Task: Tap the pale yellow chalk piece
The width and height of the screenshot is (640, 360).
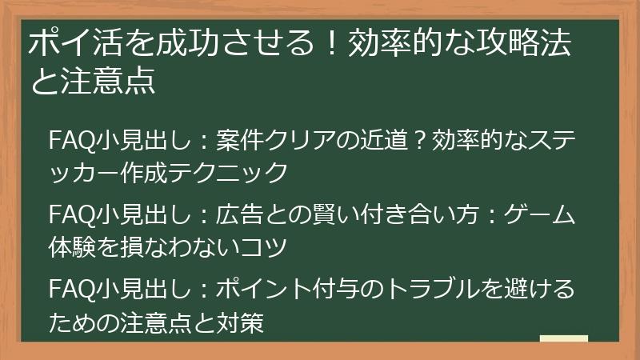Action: pos(563,338)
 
